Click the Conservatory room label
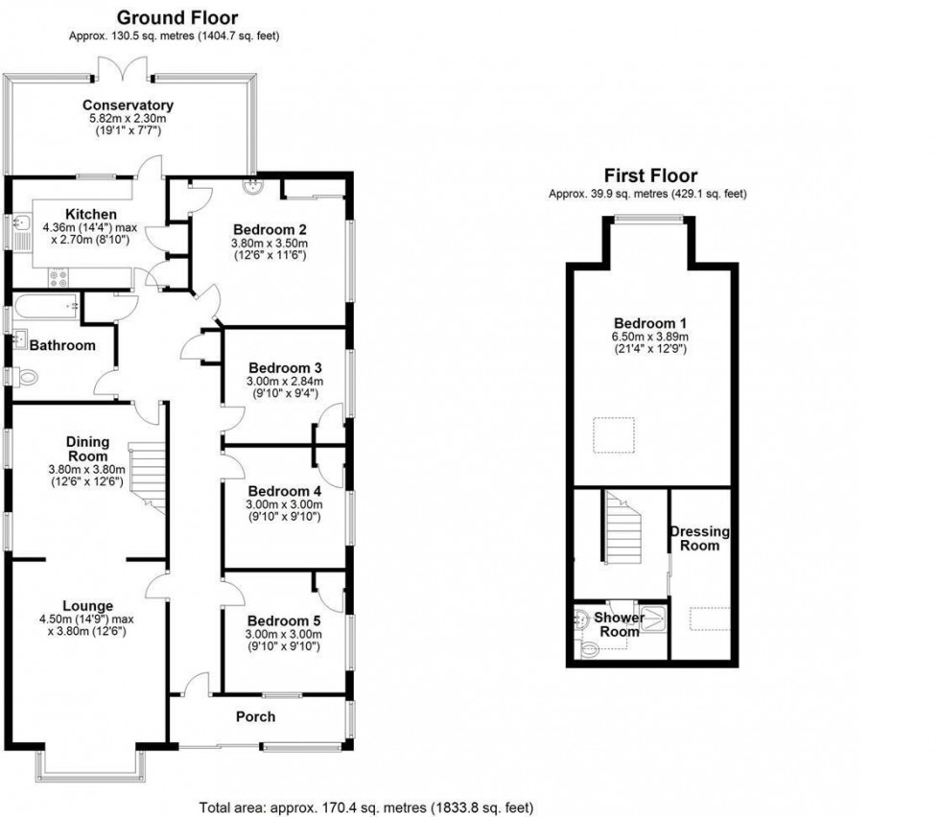(128, 105)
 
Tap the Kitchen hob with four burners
(59, 277)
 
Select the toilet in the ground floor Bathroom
(25, 378)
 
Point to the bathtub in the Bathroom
(46, 306)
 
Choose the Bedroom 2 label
(270, 229)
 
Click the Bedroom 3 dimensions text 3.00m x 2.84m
(285, 382)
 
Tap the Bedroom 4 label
(285, 491)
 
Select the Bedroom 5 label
(284, 620)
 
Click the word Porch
(255, 716)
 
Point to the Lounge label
(87, 606)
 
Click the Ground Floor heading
(176, 17)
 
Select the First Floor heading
(650, 175)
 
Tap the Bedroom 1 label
(650, 323)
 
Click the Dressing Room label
(699, 538)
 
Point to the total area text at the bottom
(365, 807)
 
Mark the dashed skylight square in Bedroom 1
(614, 435)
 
